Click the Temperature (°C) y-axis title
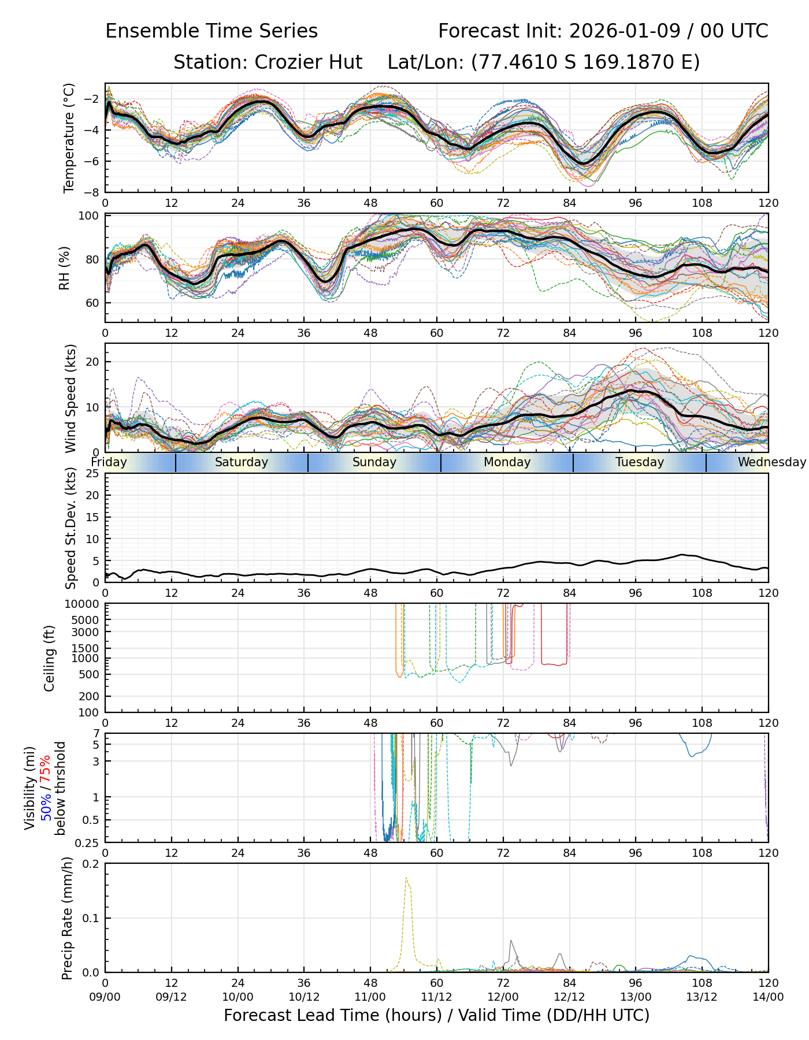pyautogui.click(x=69, y=138)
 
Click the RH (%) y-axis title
pyautogui.click(x=64, y=268)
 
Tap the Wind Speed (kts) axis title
pyautogui.click(x=70, y=398)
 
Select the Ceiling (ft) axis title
pyautogui.click(x=50, y=658)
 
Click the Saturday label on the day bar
pyautogui.click(x=241, y=462)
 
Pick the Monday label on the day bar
pyautogui.click(x=507, y=462)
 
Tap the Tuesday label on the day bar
pyautogui.click(x=639, y=462)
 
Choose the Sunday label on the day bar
pyautogui.click(x=374, y=462)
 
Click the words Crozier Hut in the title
pyautogui.click(x=309, y=62)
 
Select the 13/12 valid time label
pyautogui.click(x=702, y=997)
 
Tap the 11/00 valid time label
pyautogui.click(x=370, y=997)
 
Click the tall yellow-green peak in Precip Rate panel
pyautogui.click(x=407, y=879)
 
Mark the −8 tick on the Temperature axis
pyautogui.click(x=92, y=192)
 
